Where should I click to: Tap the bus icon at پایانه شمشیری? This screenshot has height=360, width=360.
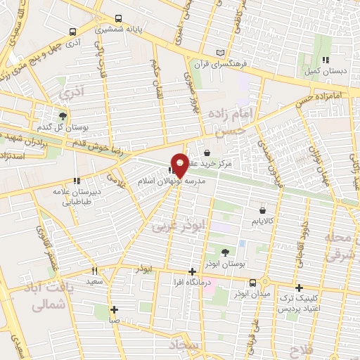(x=118, y=18)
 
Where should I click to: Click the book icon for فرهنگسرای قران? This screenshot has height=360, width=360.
(x=221, y=53)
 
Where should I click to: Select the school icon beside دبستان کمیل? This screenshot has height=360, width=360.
(x=325, y=60)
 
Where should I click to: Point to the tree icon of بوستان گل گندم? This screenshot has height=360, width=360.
(x=63, y=115)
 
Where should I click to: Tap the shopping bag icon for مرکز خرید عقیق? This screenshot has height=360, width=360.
(x=207, y=153)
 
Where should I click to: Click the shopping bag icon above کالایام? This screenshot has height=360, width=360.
(x=262, y=210)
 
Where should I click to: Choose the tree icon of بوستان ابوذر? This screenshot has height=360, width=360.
(x=225, y=252)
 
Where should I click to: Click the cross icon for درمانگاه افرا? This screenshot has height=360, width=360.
(x=193, y=271)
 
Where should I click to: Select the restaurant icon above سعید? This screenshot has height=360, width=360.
(x=95, y=271)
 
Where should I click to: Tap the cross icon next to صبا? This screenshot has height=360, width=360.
(x=114, y=309)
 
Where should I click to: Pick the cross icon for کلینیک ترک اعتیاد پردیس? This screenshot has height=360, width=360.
(x=299, y=288)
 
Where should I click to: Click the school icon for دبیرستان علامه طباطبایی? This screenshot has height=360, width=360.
(x=75, y=181)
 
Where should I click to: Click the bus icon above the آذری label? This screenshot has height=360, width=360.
(x=72, y=32)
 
